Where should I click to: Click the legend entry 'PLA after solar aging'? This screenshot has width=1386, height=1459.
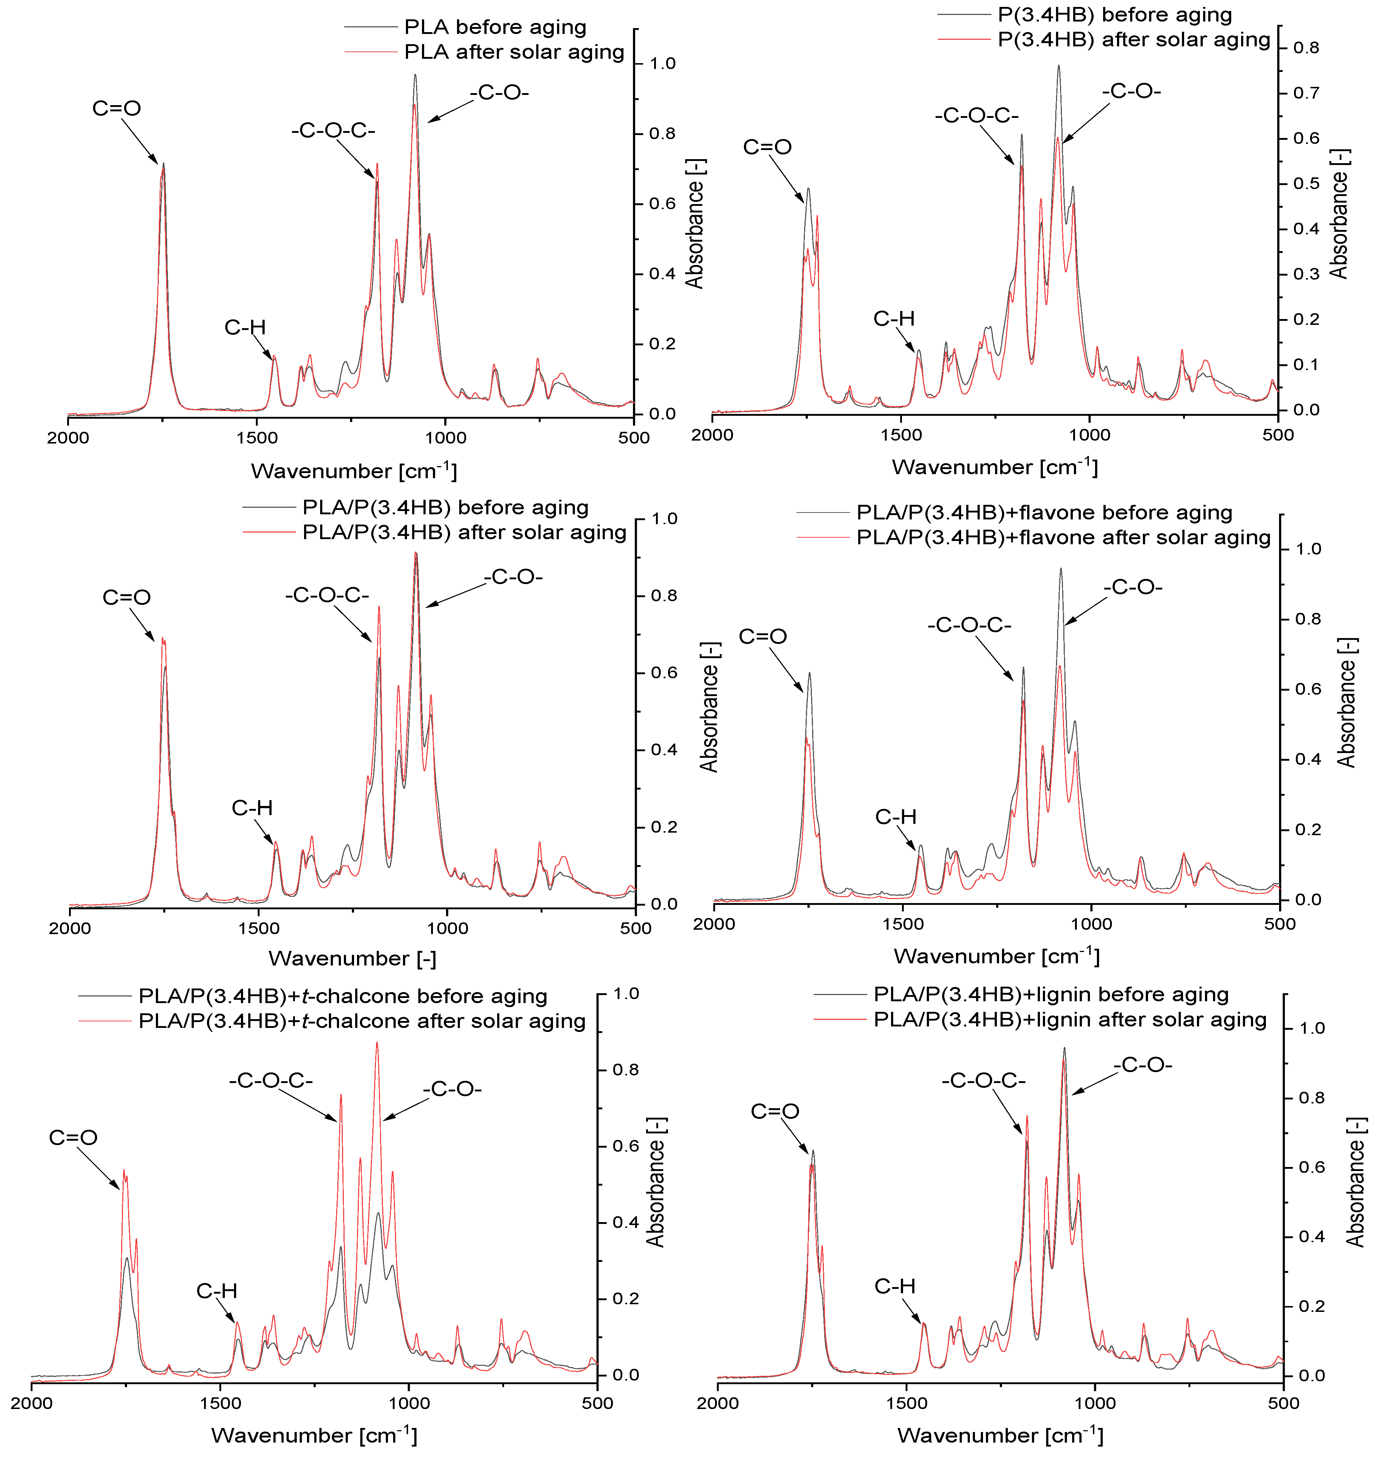click(x=514, y=52)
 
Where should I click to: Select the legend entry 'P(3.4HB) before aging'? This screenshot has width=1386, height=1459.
click(x=1114, y=15)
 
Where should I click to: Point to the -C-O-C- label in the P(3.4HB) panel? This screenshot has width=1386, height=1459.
click(x=977, y=116)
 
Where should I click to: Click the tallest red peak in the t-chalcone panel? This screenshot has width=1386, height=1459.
click(x=377, y=1043)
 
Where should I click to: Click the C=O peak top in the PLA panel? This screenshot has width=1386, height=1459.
click(x=163, y=164)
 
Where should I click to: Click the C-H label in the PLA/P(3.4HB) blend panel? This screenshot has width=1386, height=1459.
click(x=252, y=808)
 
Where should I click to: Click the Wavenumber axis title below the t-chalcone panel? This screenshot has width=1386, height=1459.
click(x=314, y=1435)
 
